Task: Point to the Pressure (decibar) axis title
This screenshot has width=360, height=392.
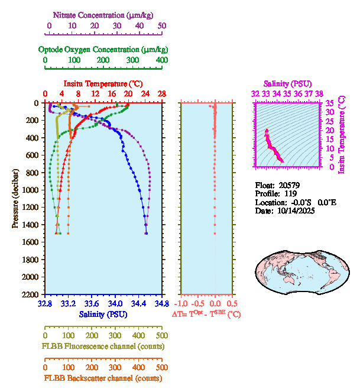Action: click(16, 199)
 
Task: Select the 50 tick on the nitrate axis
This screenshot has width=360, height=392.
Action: click(162, 27)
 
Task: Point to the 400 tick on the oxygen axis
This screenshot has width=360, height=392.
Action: click(161, 61)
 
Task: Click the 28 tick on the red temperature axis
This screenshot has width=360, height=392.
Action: click(161, 94)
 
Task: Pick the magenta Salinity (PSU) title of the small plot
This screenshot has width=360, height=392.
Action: click(286, 83)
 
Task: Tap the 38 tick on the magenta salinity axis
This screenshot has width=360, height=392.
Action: click(319, 93)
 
